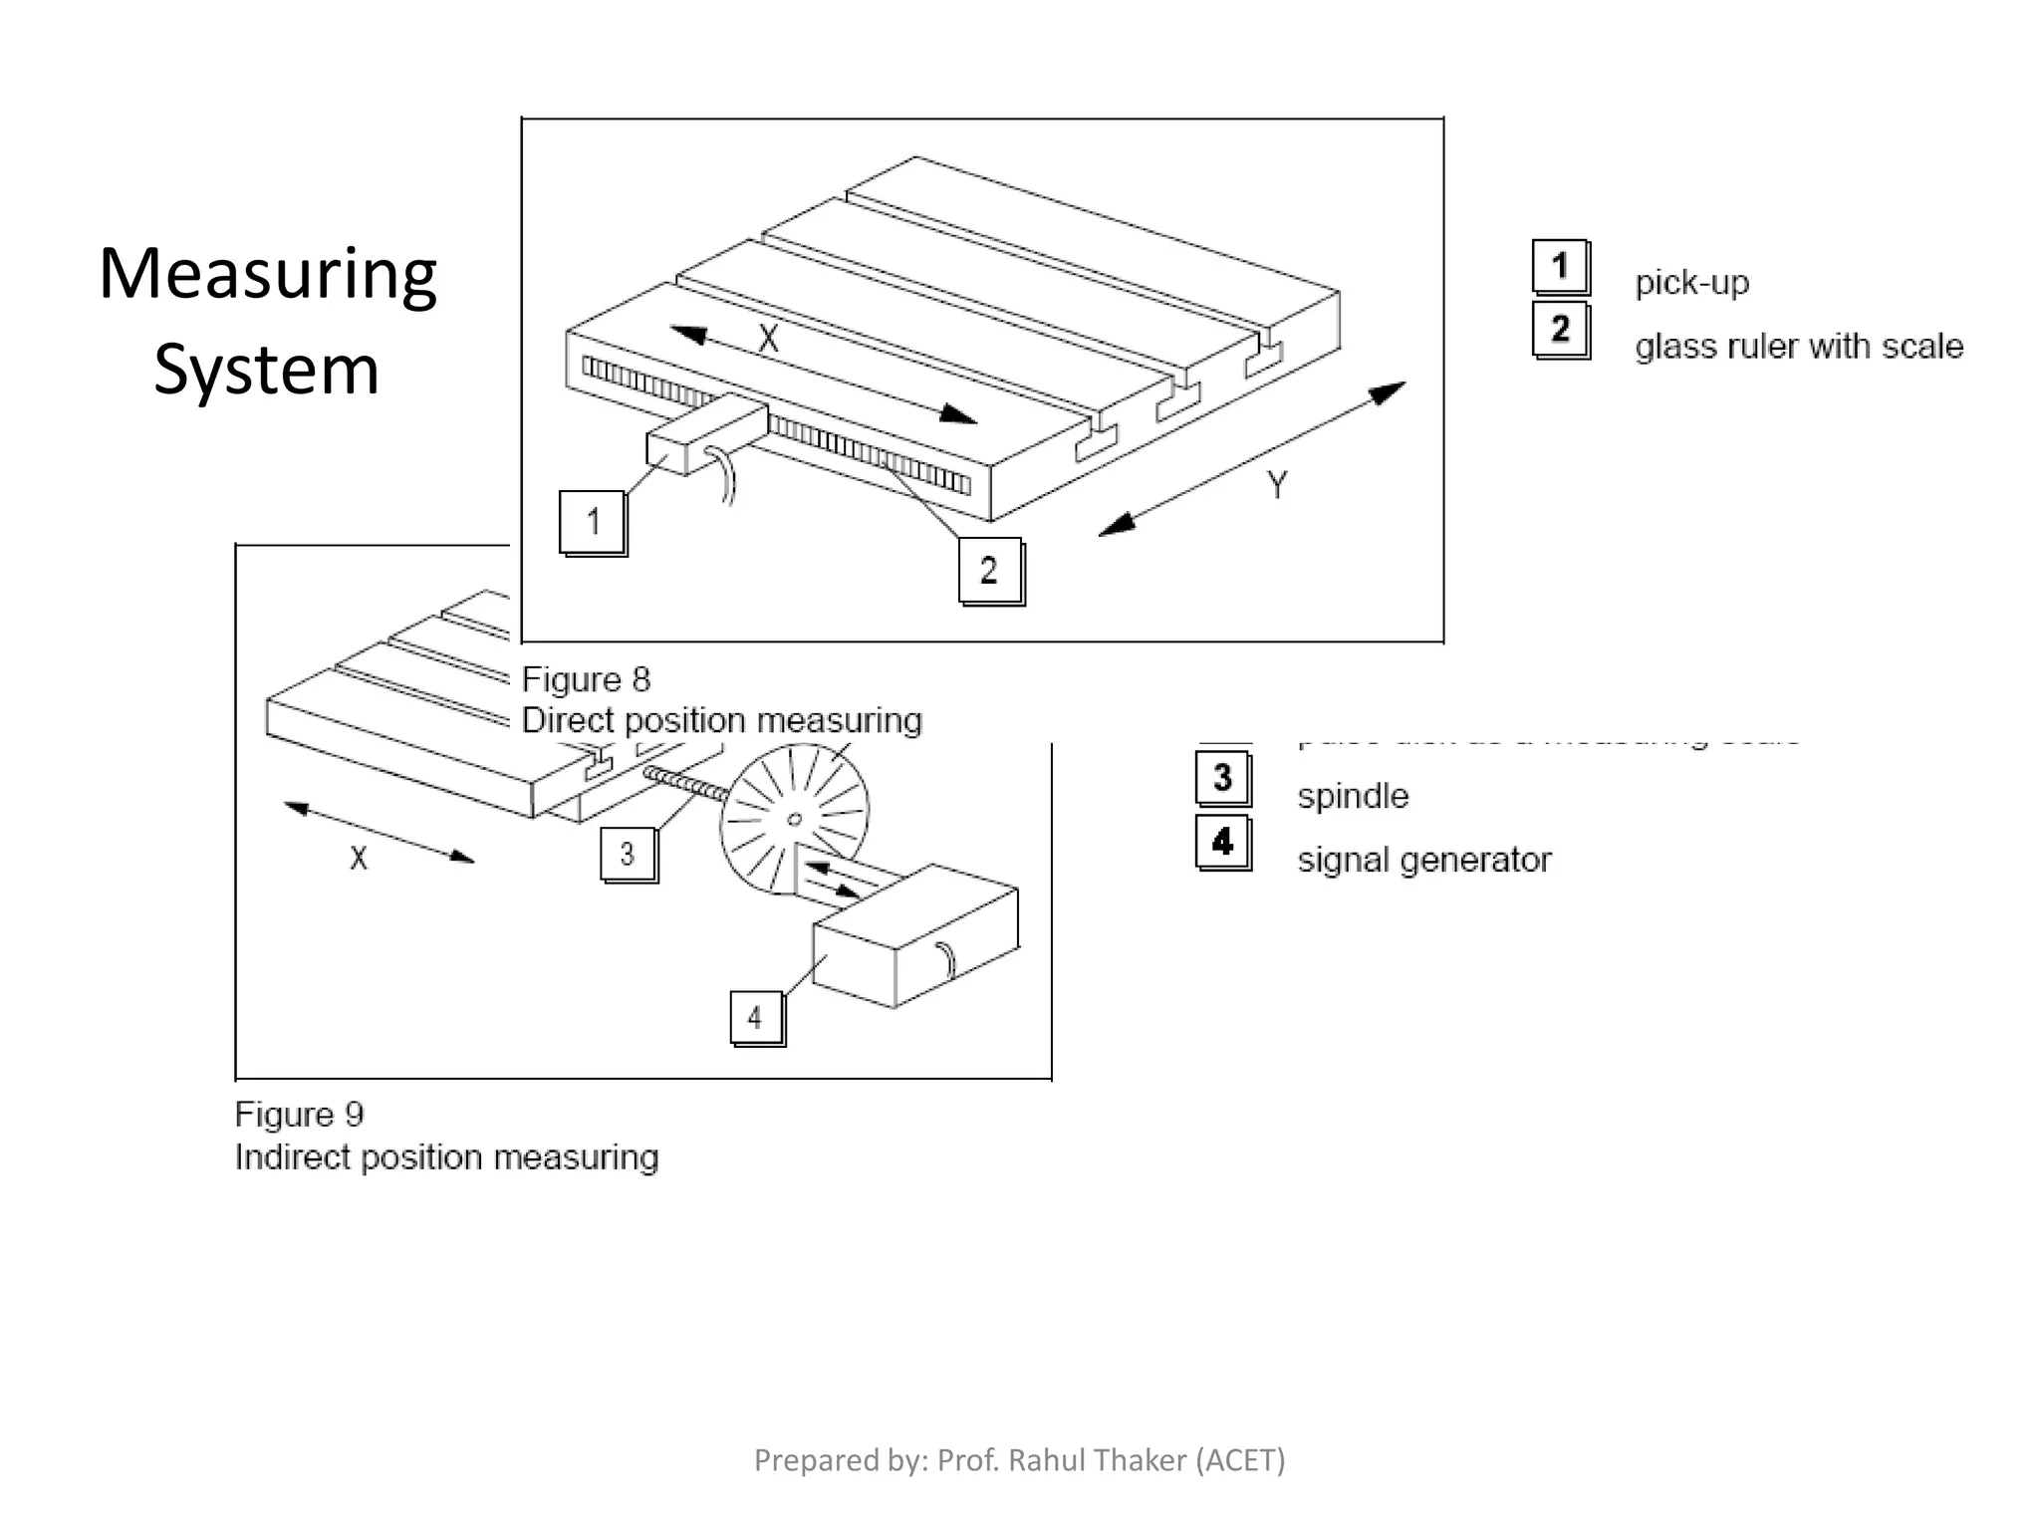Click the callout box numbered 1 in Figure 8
tap(593, 522)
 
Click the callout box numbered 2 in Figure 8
tap(989, 571)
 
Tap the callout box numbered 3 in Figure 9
tap(628, 855)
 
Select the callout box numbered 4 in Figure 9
tap(756, 1017)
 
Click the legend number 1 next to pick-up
tap(1560, 267)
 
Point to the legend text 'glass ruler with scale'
tap(1798, 347)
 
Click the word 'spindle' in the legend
tap(1353, 797)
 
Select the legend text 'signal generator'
tap(1423, 861)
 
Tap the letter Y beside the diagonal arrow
tap(1277, 485)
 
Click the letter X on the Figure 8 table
tap(768, 341)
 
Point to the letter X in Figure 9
tap(359, 858)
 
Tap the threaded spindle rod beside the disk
tap(687, 783)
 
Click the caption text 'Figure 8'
tap(586, 680)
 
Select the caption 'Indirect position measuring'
tap(446, 1158)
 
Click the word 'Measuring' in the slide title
tap(268, 275)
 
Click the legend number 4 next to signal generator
tap(1222, 842)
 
